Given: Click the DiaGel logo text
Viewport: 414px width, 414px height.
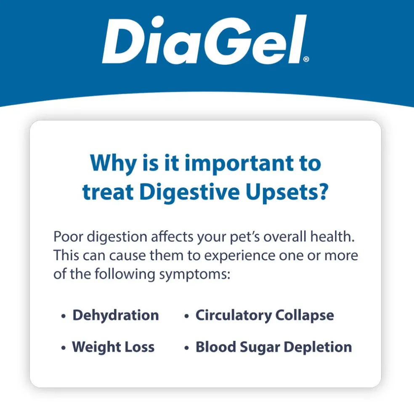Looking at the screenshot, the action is [x=204, y=40].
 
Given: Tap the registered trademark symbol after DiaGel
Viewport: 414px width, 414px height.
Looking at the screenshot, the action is [x=306, y=59].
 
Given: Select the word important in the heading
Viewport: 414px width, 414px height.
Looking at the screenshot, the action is [x=239, y=164].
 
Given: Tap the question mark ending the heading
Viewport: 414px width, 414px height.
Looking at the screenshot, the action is [x=322, y=191].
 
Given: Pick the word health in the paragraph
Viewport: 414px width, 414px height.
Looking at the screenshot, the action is [x=332, y=236].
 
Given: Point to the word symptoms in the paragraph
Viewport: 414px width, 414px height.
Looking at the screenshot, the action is [x=195, y=275].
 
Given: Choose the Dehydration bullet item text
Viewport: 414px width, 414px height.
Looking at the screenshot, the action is [x=116, y=315].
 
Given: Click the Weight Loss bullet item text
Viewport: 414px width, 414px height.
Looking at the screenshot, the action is [x=113, y=347].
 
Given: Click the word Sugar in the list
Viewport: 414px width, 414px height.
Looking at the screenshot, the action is [x=260, y=348].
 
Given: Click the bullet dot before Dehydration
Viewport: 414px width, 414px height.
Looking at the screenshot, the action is [x=63, y=316].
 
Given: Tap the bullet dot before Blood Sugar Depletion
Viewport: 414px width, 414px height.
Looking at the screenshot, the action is [x=186, y=348].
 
